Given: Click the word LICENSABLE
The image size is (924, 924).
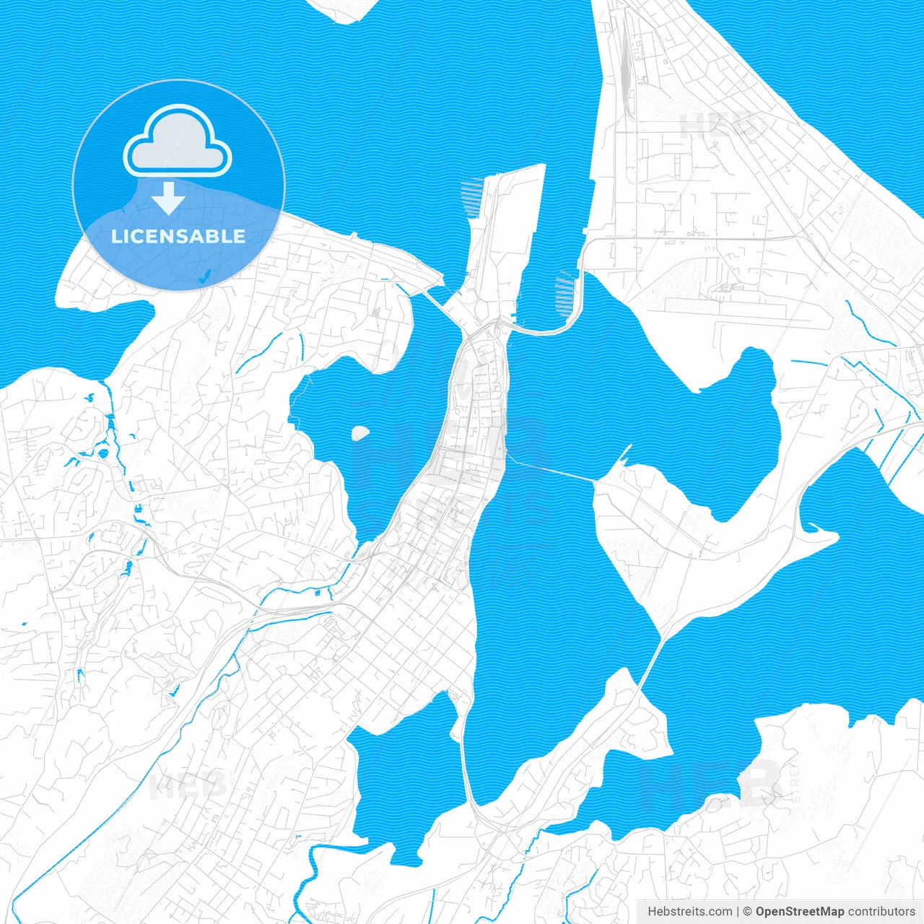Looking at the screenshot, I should pyautogui.click(x=178, y=236).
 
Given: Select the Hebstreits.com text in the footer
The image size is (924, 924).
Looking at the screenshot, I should pyautogui.click(x=689, y=912).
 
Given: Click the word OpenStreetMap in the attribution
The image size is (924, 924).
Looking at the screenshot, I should pyautogui.click(x=800, y=912).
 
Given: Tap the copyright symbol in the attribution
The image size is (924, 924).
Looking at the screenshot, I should pyautogui.click(x=748, y=912).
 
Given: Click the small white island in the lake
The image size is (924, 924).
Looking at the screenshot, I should pyautogui.click(x=359, y=432).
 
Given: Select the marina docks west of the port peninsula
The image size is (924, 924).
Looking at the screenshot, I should pyautogui.click(x=470, y=199).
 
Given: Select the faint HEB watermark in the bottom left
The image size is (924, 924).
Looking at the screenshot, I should pyautogui.click(x=186, y=785).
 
